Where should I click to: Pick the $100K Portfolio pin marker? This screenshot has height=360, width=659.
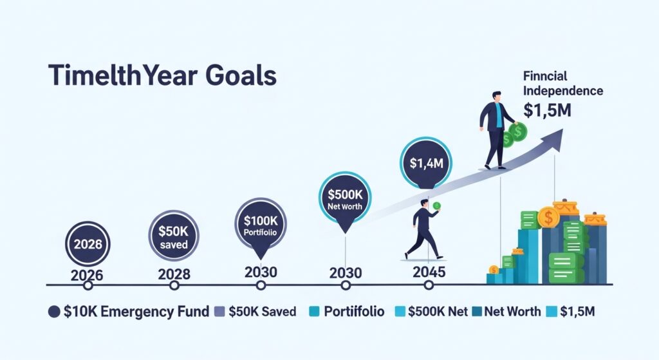(261, 225)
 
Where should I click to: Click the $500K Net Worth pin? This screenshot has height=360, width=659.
(346, 199)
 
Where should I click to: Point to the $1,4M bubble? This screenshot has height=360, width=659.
(426, 162)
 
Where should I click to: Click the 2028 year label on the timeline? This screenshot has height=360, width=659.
(174, 274)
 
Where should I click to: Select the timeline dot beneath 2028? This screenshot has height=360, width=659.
(174, 285)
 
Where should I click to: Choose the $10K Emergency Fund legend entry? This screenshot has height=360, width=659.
(129, 312)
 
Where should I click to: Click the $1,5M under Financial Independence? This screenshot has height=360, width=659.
(546, 109)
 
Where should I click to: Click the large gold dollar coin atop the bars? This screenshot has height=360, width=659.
(548, 217)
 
